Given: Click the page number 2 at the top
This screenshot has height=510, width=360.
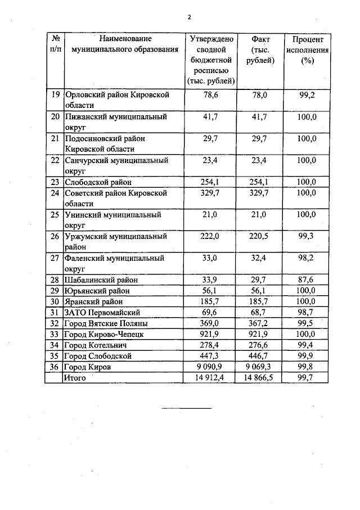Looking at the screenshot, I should coord(190,16).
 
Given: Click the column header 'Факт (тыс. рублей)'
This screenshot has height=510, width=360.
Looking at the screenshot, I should coord(260,49).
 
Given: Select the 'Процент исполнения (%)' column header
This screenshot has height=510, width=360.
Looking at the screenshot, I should coord(307,49).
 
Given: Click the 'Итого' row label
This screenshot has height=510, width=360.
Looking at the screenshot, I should coord(75,378).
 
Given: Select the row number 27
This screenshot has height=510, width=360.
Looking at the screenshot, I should coord(55,259).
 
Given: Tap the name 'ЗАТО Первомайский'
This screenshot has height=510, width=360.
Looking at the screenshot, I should coord(102,312).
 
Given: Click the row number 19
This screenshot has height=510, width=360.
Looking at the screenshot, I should coord(55,95).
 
